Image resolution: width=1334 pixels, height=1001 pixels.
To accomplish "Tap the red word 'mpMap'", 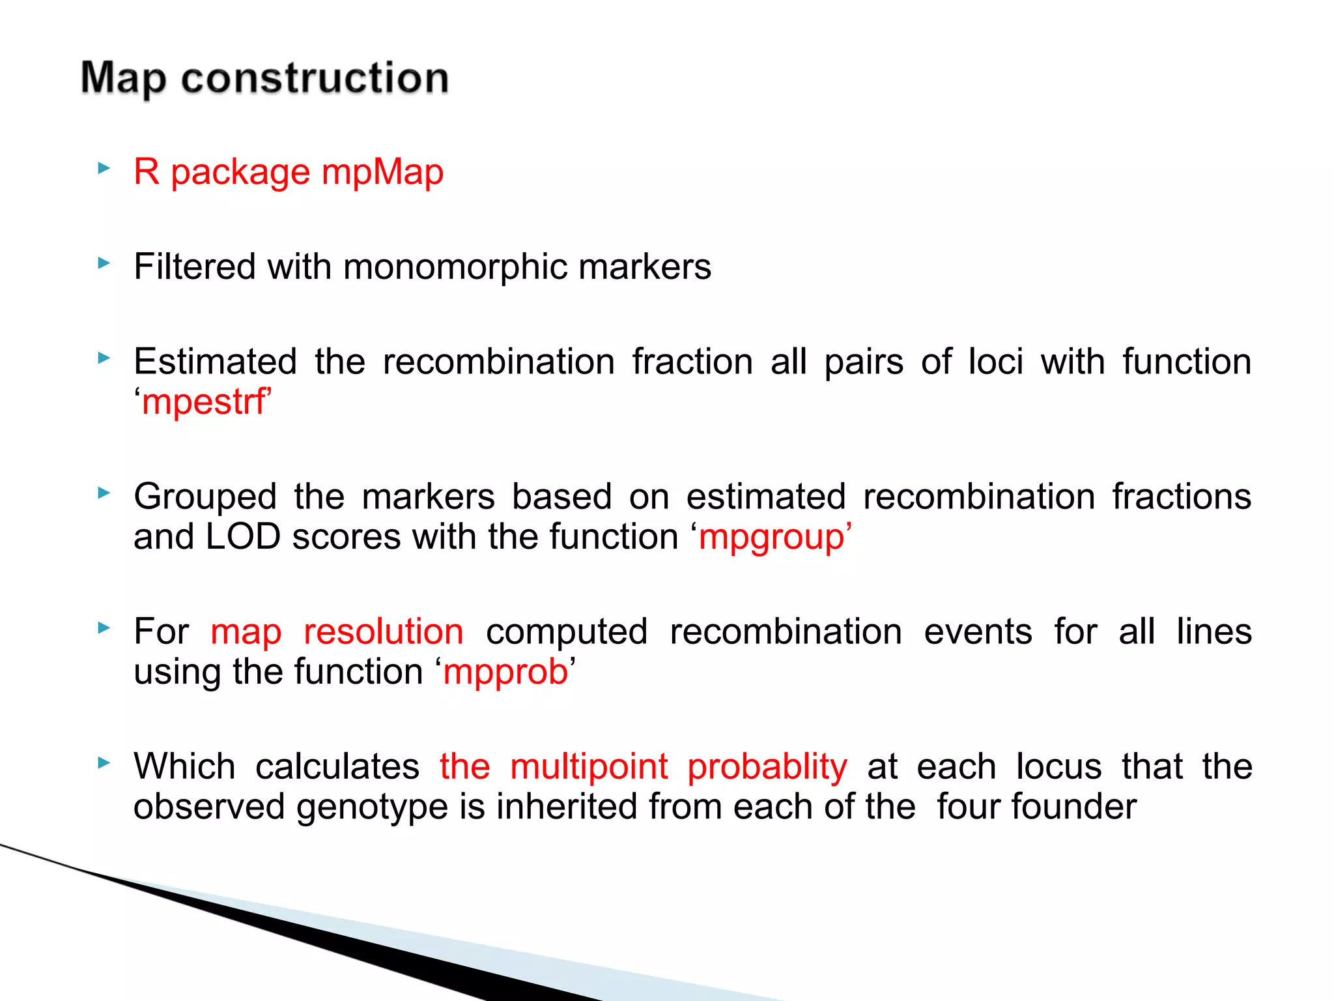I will click(x=382, y=172).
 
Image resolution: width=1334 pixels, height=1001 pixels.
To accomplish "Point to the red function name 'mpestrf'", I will click(x=203, y=402).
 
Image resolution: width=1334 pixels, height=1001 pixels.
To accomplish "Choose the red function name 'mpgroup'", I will click(x=771, y=538).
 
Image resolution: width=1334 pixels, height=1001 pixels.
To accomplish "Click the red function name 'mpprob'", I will click(x=505, y=672).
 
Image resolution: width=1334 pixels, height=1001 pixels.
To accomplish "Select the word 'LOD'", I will click(x=243, y=537).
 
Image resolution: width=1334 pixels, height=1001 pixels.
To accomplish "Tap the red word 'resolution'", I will click(x=384, y=631).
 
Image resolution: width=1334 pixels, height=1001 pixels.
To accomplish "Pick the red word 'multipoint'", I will click(x=589, y=766).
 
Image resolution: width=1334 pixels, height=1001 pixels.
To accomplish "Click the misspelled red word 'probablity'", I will click(x=767, y=767).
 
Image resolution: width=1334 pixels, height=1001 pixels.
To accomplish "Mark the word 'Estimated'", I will click(x=215, y=362).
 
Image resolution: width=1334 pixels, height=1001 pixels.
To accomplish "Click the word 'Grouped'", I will click(x=205, y=497).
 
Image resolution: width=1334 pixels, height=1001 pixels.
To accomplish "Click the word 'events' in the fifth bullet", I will click(x=978, y=631).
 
